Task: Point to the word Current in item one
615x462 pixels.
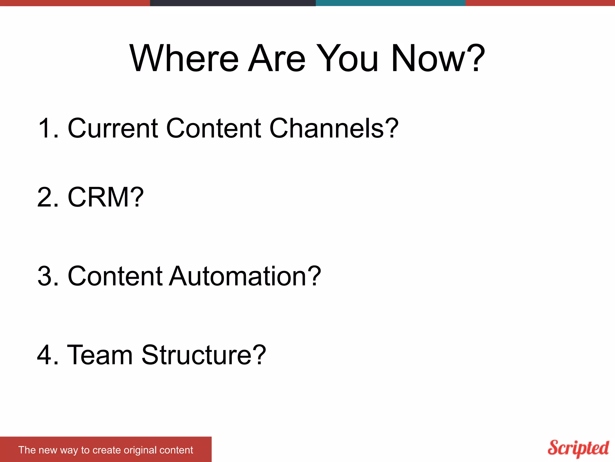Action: coord(113,128)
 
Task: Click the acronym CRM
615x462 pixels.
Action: coord(99,197)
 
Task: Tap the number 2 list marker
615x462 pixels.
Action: coord(44,197)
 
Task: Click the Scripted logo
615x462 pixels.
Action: coord(578,448)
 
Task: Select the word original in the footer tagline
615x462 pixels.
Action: coord(140,450)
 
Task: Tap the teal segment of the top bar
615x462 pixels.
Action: coord(390,3)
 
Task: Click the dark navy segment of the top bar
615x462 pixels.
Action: coord(233,3)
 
